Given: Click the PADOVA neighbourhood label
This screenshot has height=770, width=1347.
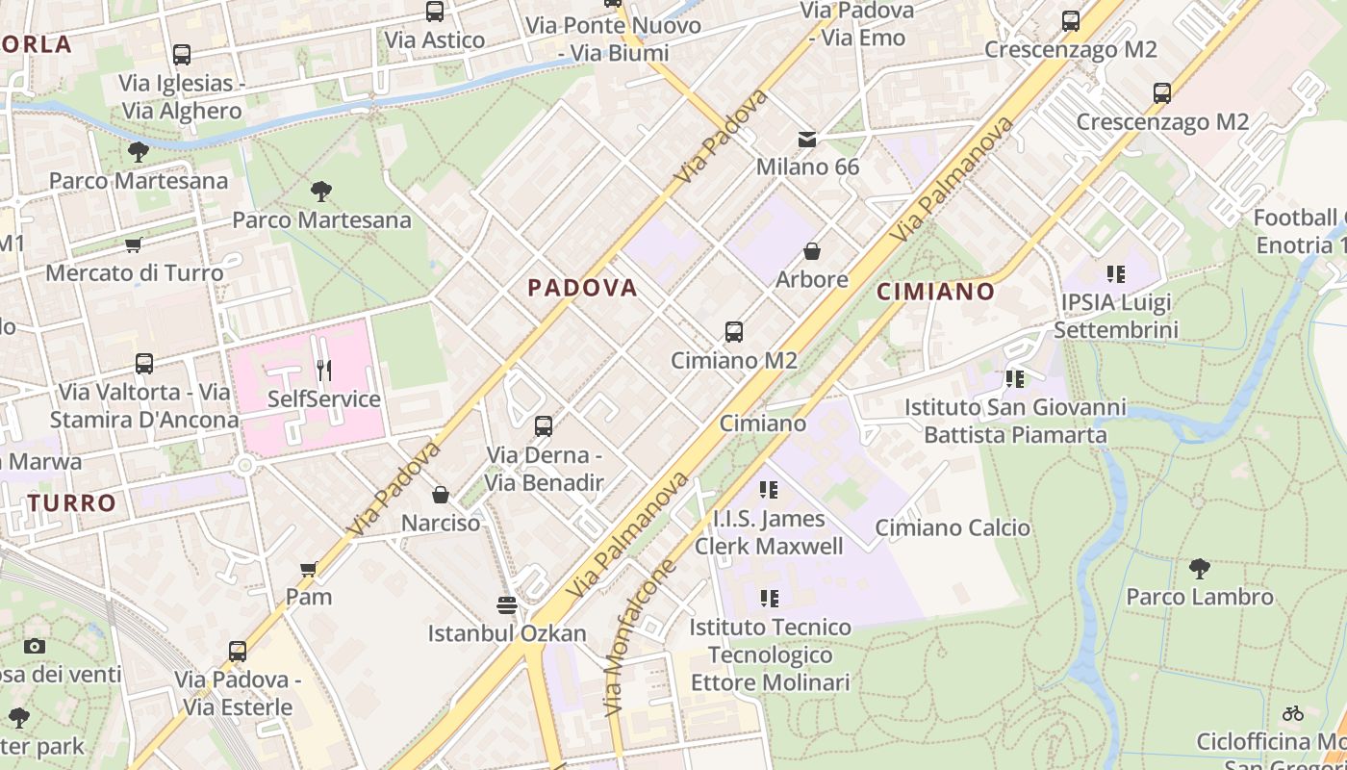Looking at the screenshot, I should click(582, 287).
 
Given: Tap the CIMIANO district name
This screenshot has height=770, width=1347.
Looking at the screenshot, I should click(935, 292).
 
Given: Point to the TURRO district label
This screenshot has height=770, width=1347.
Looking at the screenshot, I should click(72, 502).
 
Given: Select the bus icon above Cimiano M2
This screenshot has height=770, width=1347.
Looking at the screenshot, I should click(734, 332).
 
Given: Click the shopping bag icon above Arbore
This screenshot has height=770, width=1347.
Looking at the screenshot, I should click(812, 251).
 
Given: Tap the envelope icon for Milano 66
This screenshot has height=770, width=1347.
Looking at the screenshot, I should click(807, 140).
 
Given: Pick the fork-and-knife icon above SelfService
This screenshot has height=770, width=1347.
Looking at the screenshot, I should click(323, 370).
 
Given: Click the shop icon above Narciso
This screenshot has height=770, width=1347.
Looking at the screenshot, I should click(441, 495).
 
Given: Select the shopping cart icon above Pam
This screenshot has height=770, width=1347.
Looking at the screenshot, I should click(309, 569).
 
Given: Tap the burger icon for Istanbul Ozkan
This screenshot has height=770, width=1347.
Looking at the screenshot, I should click(507, 604).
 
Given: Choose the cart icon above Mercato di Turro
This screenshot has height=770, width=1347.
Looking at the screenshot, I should click(134, 244).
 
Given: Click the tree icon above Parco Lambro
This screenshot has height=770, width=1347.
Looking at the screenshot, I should click(1199, 569).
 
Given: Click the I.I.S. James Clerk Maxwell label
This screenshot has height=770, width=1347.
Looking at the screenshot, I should click(768, 532).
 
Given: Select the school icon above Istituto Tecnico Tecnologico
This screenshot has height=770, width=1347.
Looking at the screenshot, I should click(769, 599).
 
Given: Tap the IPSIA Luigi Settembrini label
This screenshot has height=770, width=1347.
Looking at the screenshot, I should click(1115, 316).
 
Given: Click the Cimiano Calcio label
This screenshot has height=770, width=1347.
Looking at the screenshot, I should click(953, 527).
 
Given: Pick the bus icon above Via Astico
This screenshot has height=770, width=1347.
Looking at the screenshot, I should click(435, 12).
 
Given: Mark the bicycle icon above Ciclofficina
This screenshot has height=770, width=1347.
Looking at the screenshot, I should click(1293, 713).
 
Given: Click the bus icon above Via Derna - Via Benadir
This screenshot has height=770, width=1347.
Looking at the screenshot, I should click(544, 425).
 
